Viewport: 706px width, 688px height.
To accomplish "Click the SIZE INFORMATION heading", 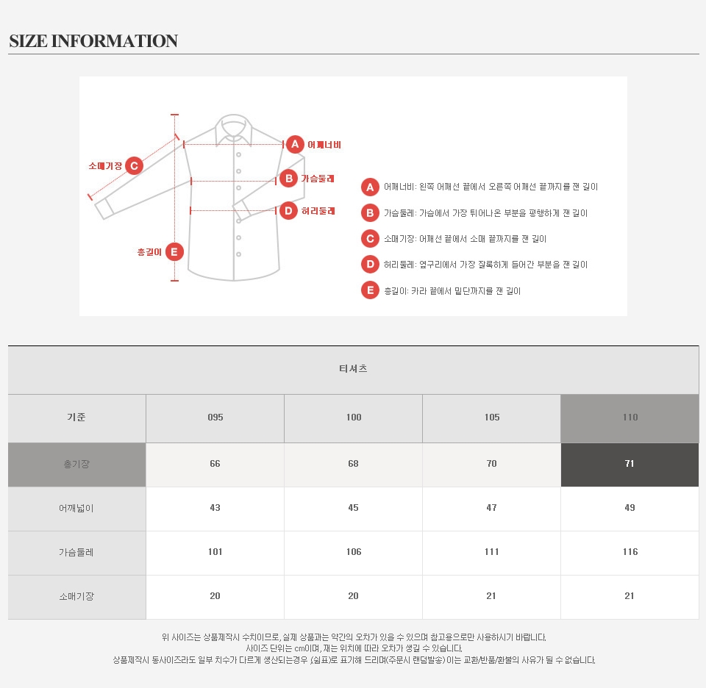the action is [x=93, y=41].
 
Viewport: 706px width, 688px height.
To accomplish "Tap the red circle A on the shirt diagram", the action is [x=295, y=145].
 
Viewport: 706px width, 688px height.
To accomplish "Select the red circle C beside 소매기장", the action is [x=134, y=166].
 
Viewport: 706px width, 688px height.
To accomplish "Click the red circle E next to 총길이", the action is [x=174, y=252].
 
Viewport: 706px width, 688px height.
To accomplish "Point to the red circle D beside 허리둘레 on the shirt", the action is [x=288, y=210].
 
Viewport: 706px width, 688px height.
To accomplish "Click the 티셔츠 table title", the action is [x=353, y=368].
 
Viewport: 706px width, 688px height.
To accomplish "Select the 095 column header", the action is [x=215, y=417].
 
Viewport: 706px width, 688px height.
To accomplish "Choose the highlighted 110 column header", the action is [x=630, y=417].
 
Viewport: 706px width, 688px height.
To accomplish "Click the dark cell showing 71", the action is [x=630, y=464].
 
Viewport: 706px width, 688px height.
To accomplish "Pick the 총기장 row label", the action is [x=76, y=464].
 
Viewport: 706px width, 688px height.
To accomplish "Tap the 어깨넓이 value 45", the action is [x=354, y=508].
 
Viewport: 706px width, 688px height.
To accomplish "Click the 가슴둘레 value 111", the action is [x=492, y=552].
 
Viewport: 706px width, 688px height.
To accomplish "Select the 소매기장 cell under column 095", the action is [x=215, y=596].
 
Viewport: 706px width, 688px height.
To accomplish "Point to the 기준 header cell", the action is [x=76, y=417].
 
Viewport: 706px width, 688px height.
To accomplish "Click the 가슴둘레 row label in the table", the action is [x=76, y=552].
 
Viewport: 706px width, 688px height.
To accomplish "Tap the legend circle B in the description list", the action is [x=370, y=213].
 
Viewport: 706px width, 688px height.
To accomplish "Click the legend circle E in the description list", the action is [x=370, y=290].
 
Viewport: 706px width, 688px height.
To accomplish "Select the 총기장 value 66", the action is [x=215, y=464].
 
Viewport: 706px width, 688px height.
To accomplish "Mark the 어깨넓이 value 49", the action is [x=630, y=508].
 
